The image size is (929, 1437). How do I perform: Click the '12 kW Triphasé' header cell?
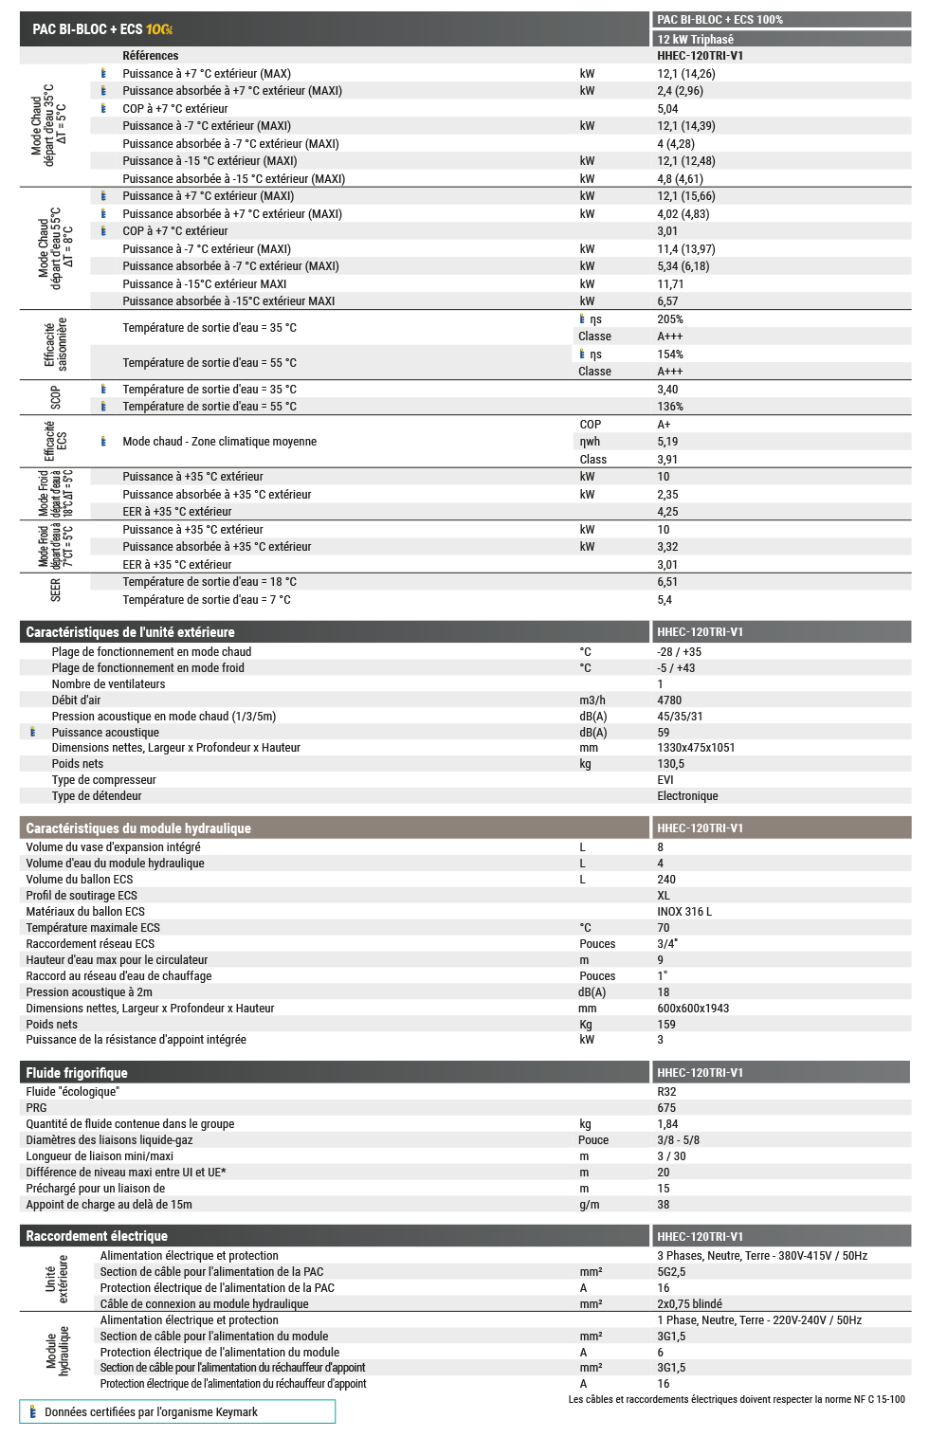pos(696,39)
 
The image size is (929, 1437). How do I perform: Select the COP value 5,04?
pos(667,109)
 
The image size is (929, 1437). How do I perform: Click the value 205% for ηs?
pos(670,319)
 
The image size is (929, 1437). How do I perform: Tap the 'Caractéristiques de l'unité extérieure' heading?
pos(130,632)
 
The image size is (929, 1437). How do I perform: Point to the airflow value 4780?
pos(669,700)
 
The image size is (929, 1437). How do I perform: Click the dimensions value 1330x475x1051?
pos(696,748)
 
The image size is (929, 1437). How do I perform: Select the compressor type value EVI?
pos(665,780)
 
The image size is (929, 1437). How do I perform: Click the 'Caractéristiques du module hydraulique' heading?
pos(138,828)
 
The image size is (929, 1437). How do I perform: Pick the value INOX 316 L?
pos(684,912)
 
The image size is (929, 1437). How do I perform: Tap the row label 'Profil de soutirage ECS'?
pos(82,896)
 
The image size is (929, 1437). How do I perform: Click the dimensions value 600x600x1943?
pos(693,1009)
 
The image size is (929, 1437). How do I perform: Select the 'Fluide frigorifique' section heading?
pos(77,1073)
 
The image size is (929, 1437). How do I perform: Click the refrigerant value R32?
pos(666,1092)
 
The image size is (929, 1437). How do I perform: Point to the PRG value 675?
pos(666,1108)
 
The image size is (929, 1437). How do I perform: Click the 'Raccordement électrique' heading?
pos(97,1236)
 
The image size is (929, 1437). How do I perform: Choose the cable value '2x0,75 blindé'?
pos(689,1304)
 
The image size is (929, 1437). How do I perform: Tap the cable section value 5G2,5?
pos(671,1272)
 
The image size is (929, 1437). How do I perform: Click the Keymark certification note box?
pos(177,1411)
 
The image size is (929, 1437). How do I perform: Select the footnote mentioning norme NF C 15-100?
pos(737,1399)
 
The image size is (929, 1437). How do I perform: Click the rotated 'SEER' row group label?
pos(55,591)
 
